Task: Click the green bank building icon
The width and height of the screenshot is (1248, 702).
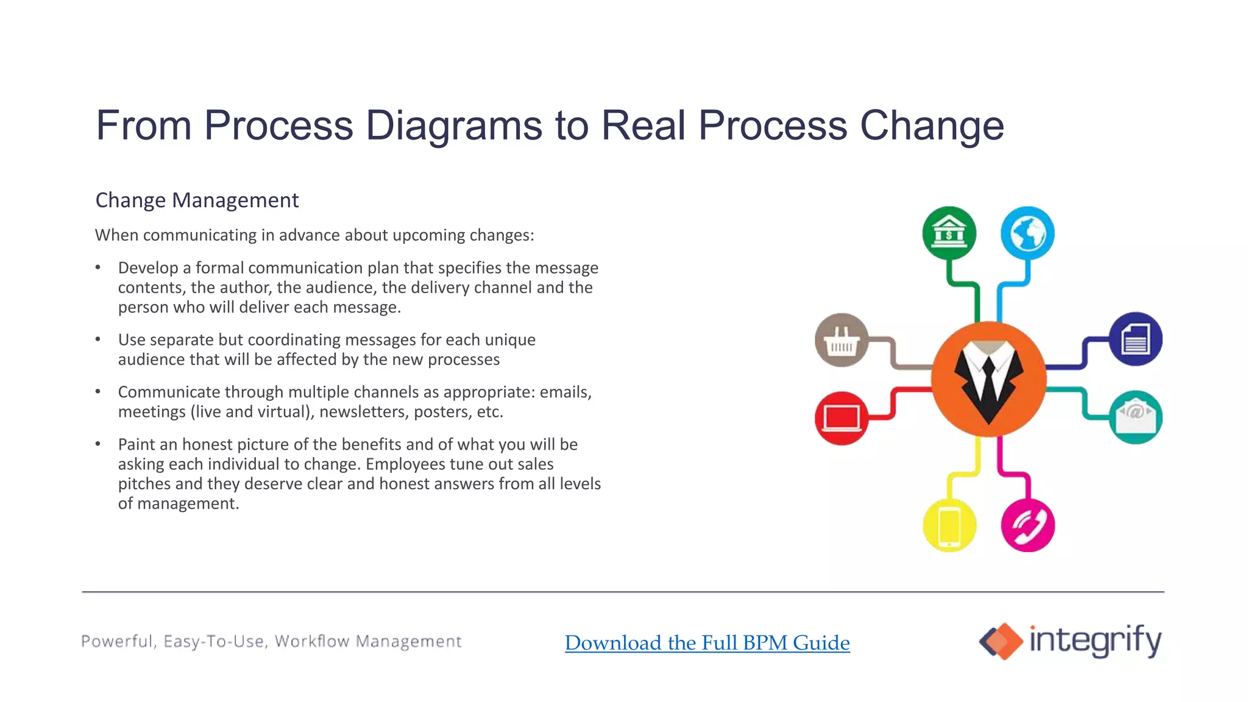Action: [x=949, y=233]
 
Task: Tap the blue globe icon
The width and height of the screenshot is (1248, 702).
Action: [x=1027, y=233]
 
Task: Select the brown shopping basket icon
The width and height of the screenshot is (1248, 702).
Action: [x=842, y=340]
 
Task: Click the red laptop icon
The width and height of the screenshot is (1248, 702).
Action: [x=842, y=418]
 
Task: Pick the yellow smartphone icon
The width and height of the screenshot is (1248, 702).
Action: [x=949, y=525]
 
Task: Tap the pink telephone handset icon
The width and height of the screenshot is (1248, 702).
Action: [x=1027, y=525]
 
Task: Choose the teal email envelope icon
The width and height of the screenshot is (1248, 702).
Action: [x=1135, y=417]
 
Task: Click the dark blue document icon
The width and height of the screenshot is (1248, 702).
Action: [x=1135, y=339]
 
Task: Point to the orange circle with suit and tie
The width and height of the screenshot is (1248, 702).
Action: [x=988, y=379]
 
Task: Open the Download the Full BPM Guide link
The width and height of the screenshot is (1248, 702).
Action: [x=707, y=643]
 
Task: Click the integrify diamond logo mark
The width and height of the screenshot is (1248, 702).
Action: [x=1001, y=641]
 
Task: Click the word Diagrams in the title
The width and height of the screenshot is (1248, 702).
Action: [x=453, y=126]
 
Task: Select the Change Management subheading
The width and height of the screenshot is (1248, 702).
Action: [x=197, y=200]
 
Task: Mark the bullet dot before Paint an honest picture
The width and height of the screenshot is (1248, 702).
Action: [x=97, y=444]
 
